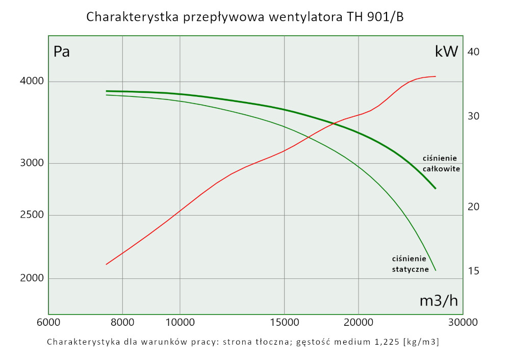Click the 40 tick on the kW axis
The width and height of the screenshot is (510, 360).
[x=473, y=52]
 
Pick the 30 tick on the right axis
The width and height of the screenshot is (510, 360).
[x=473, y=116]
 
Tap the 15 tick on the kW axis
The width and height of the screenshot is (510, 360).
[x=473, y=271]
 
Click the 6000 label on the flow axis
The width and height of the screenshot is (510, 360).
[x=48, y=322]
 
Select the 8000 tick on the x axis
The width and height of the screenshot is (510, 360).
[x=122, y=322]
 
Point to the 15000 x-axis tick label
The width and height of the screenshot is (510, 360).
[x=284, y=322]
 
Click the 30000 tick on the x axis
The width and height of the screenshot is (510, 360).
[x=463, y=322]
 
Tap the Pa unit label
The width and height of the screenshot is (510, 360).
[x=62, y=52]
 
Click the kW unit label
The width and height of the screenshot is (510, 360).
[x=446, y=52]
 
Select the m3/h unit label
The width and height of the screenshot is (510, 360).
[x=439, y=301]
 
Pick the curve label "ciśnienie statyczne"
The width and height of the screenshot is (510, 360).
[x=410, y=264]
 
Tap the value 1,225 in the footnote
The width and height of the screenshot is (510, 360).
[x=382, y=342]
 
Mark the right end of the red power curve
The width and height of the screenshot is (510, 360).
[x=436, y=76]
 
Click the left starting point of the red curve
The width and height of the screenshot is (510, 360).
[x=106, y=264]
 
